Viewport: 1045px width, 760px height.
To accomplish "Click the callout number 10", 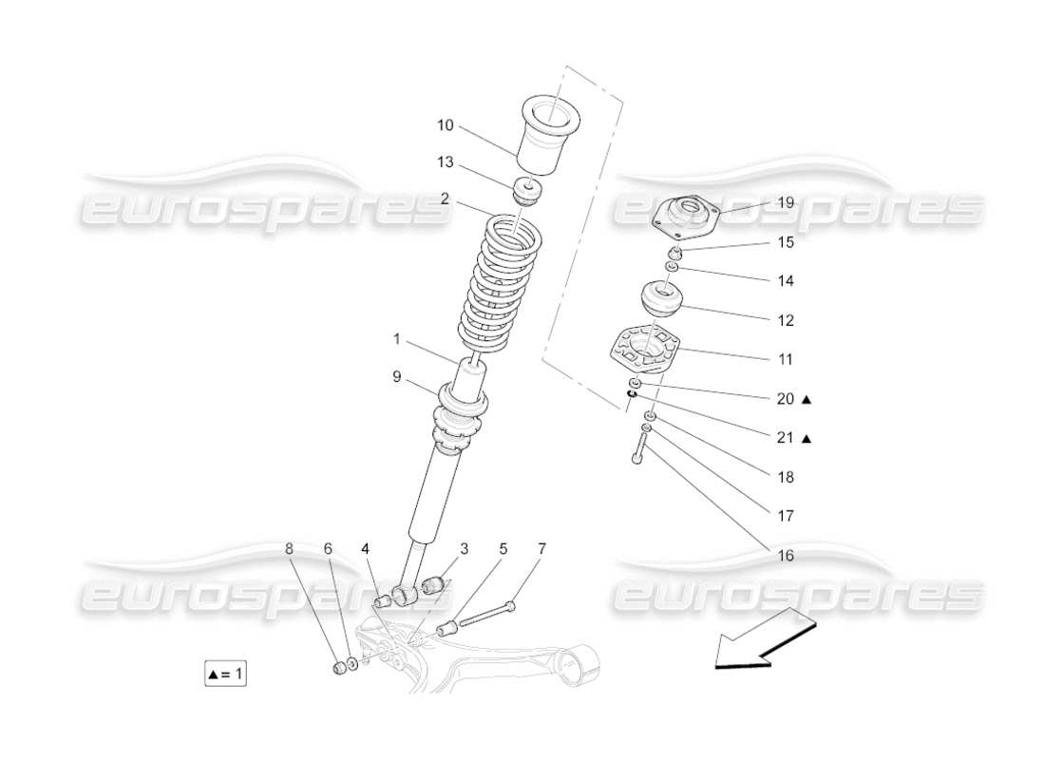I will [x=446, y=124].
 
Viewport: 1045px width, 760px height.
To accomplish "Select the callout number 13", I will [x=446, y=162].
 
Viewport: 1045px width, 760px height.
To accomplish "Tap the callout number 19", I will [x=785, y=202].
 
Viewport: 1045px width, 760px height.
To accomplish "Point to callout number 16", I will [x=785, y=556].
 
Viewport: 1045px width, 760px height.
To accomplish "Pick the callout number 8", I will [x=291, y=548].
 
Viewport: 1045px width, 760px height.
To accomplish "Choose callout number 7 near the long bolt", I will [x=541, y=548].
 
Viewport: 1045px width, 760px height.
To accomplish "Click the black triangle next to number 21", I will [x=807, y=439].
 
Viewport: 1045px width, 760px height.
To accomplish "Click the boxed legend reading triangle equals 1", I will [x=226, y=674].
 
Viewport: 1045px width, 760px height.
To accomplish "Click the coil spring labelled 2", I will [x=492, y=285].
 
